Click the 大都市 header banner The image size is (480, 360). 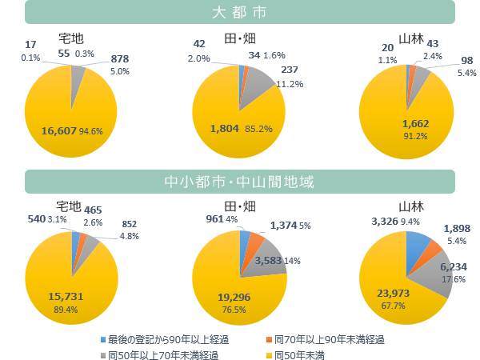pos(240,13)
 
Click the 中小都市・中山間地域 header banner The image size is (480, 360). pos(240,182)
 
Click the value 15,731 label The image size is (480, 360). pos(66,295)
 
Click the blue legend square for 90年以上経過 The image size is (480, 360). pos(103,340)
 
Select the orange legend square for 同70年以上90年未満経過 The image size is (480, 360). pos(268,340)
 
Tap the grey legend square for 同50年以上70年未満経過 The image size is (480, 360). pos(103,354)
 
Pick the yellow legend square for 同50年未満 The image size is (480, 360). pos(268,354)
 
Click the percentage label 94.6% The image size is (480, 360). pos(91,131)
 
